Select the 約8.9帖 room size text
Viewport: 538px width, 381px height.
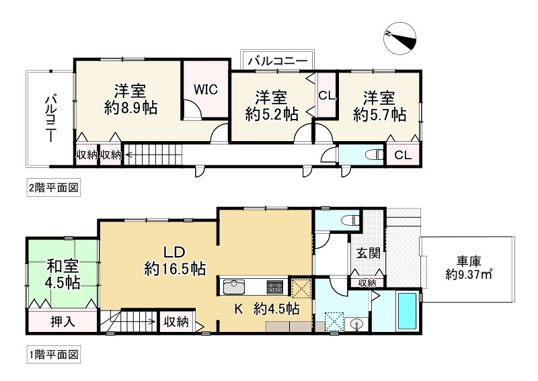click(x=130, y=108)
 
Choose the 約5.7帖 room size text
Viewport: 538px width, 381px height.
click(x=379, y=114)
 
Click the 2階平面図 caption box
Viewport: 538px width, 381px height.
click(x=54, y=188)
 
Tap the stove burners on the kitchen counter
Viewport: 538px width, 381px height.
click(x=275, y=287)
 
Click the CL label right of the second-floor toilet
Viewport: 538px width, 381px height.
click(x=402, y=155)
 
